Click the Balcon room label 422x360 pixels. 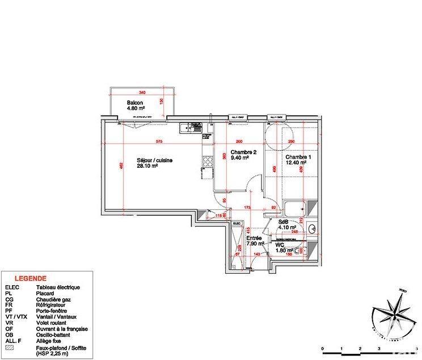point(134,102)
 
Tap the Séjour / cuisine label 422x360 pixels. point(138,160)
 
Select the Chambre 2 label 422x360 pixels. point(231,152)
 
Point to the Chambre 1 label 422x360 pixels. point(298,157)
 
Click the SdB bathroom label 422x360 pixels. point(284,222)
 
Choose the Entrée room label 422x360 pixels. point(254,239)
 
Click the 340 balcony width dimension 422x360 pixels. point(142,92)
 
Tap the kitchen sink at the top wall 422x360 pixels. point(187,128)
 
